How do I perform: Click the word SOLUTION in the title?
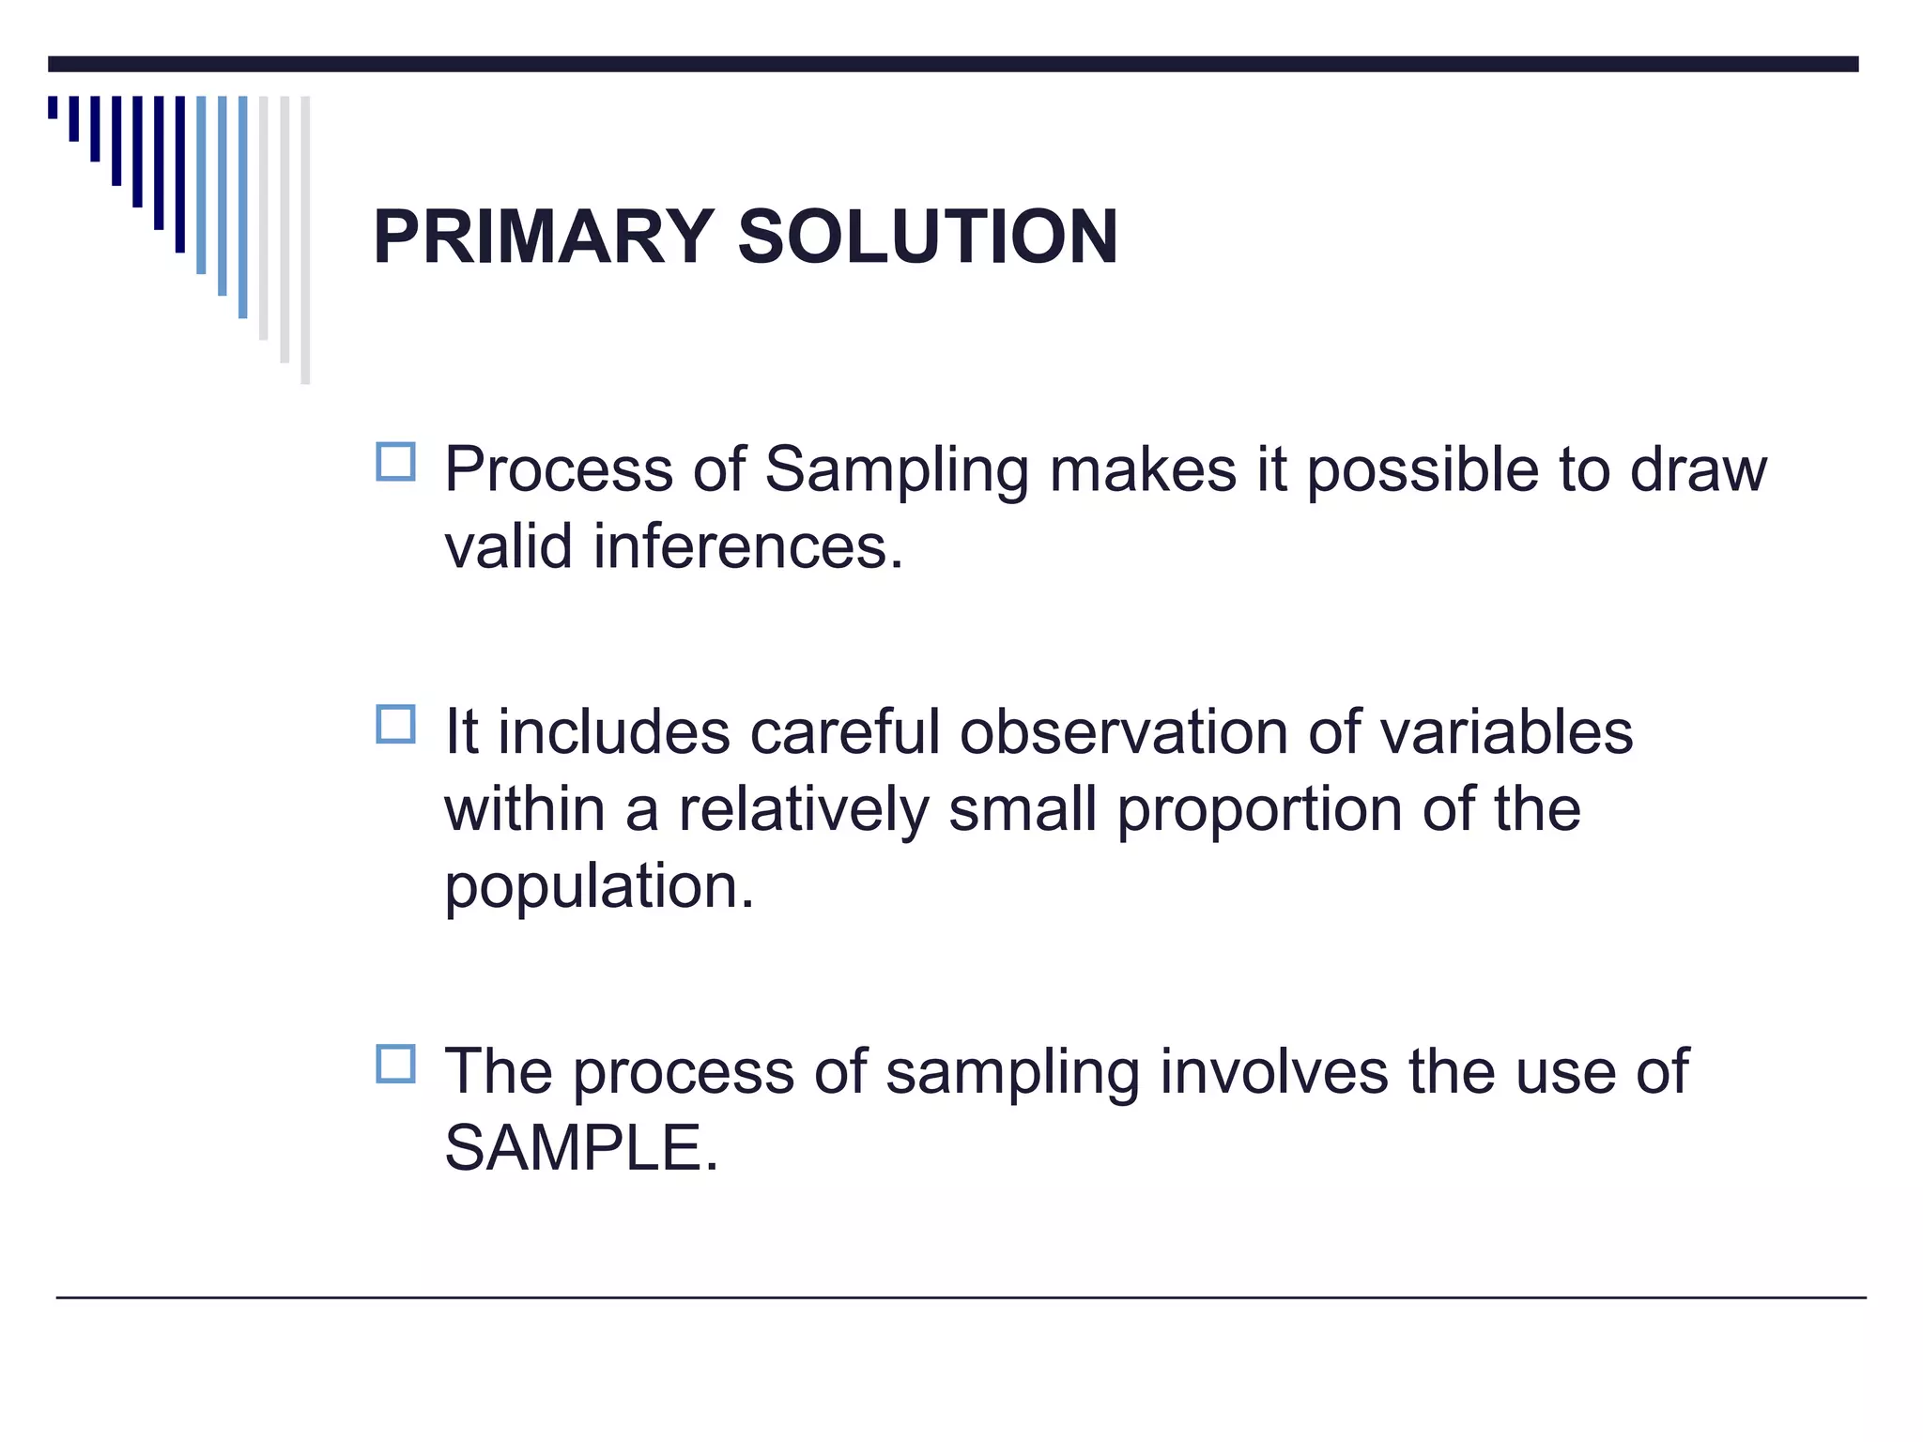(928, 237)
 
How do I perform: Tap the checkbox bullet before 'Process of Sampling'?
(395, 462)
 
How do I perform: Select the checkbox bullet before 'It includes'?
(395, 725)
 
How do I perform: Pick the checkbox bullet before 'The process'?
(395, 1064)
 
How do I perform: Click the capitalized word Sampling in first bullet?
(897, 469)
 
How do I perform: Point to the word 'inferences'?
(746, 546)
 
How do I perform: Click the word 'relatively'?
(803, 809)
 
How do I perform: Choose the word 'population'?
(597, 886)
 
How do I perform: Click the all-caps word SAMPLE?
(579, 1147)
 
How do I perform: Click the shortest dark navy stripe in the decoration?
(53, 106)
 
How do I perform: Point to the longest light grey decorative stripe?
(305, 239)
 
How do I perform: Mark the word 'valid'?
(508, 546)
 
